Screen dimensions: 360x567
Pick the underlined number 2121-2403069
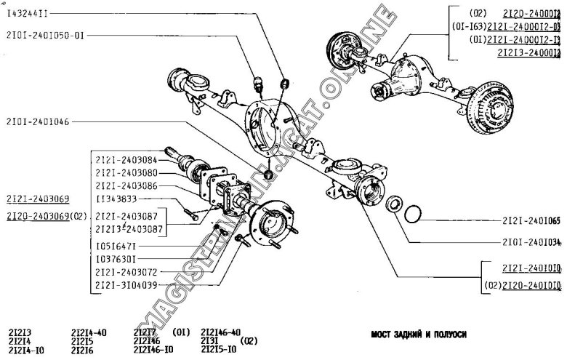(39, 199)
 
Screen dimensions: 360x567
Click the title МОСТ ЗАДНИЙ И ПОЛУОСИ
(417, 335)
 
